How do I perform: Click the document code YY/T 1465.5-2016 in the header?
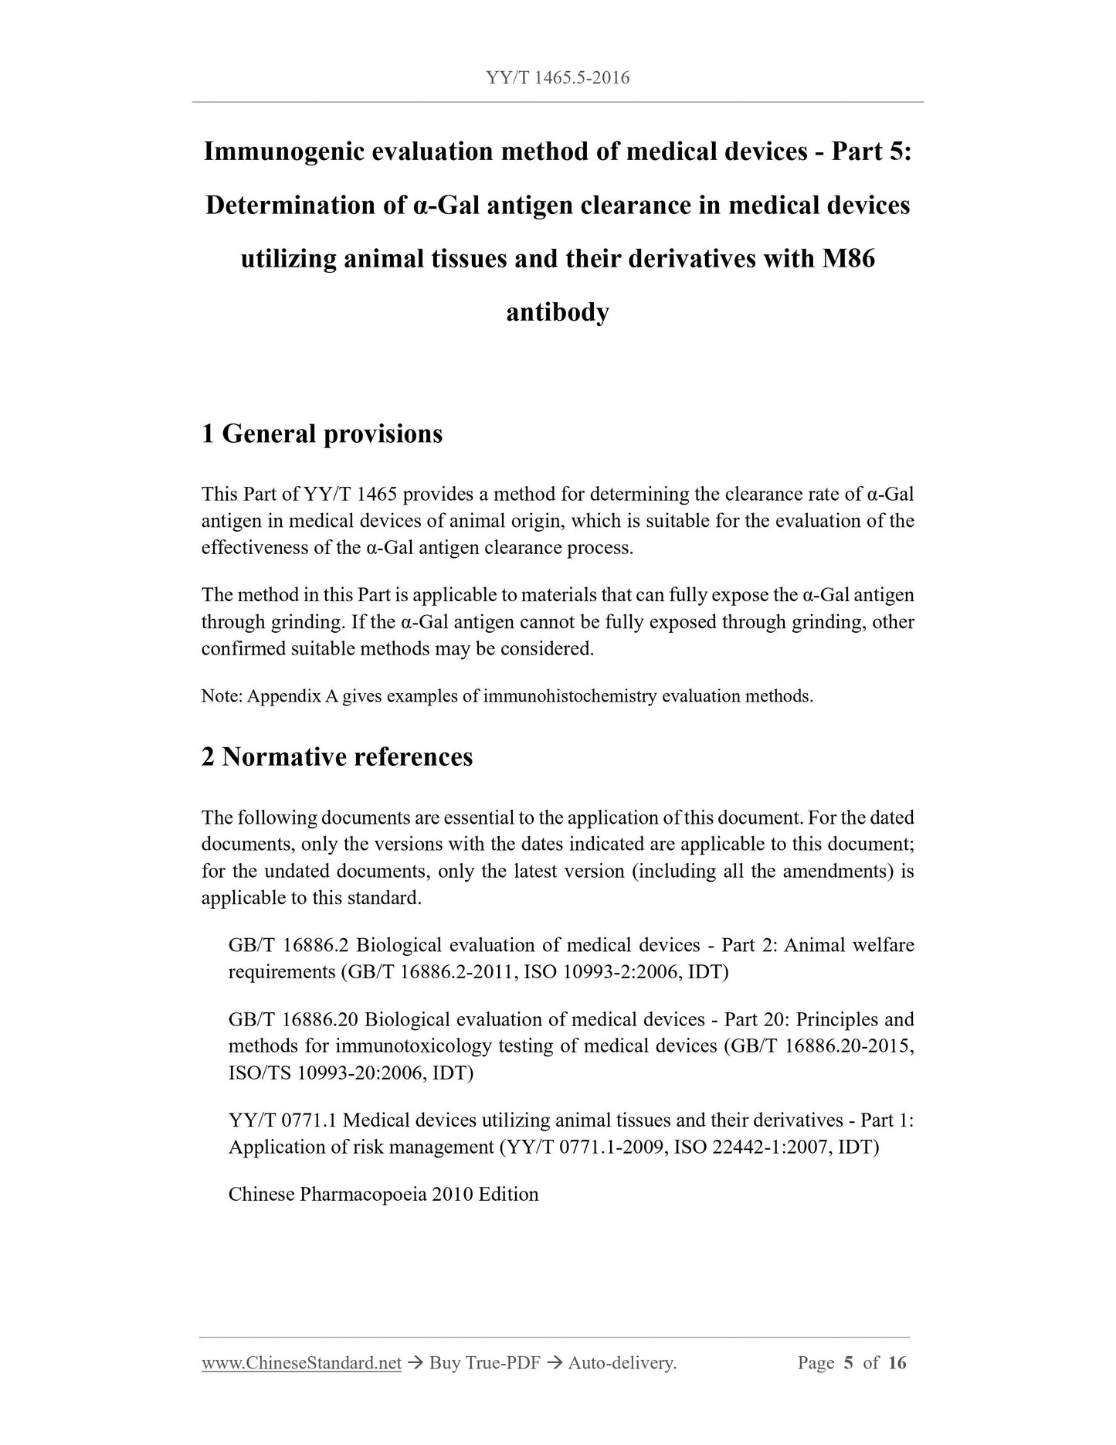pos(558,77)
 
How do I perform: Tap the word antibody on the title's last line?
pos(558,312)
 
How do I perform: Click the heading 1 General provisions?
pos(322,433)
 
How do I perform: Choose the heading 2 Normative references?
pos(337,756)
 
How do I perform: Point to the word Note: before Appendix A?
pos(222,696)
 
